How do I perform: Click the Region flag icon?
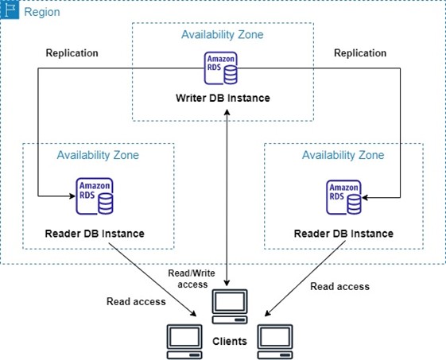coord(10,10)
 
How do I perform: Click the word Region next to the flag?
coord(42,12)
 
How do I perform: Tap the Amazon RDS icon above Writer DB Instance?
coord(221,68)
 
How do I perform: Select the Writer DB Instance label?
coord(223,98)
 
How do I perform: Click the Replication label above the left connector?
coord(72,53)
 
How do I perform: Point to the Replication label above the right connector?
coord(360,53)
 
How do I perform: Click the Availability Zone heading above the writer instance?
coord(223,35)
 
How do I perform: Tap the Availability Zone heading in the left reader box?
coord(98,155)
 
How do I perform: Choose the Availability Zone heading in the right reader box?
coord(343,155)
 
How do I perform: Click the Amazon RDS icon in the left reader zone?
coord(95,196)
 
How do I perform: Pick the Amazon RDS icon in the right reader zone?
coord(344,197)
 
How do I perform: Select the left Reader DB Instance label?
coord(95,234)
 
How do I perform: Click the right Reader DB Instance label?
coord(343,234)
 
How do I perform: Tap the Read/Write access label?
coord(192,279)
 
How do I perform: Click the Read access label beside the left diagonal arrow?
coord(136,301)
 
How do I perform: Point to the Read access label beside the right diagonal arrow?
coord(340,286)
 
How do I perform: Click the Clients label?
coord(230,341)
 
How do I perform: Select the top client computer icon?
coord(230,307)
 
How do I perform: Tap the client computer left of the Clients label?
coord(184,342)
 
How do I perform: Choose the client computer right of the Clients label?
coord(275,342)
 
